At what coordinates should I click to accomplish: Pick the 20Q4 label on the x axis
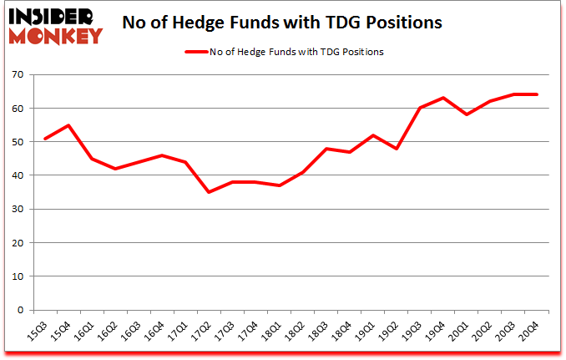(x=532, y=332)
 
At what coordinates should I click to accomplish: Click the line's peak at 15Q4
(x=68, y=125)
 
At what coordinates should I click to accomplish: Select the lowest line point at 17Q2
(x=209, y=192)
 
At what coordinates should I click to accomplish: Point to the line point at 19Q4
(x=443, y=99)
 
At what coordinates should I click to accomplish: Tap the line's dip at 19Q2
(x=397, y=149)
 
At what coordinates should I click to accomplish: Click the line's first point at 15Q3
(x=44, y=139)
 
